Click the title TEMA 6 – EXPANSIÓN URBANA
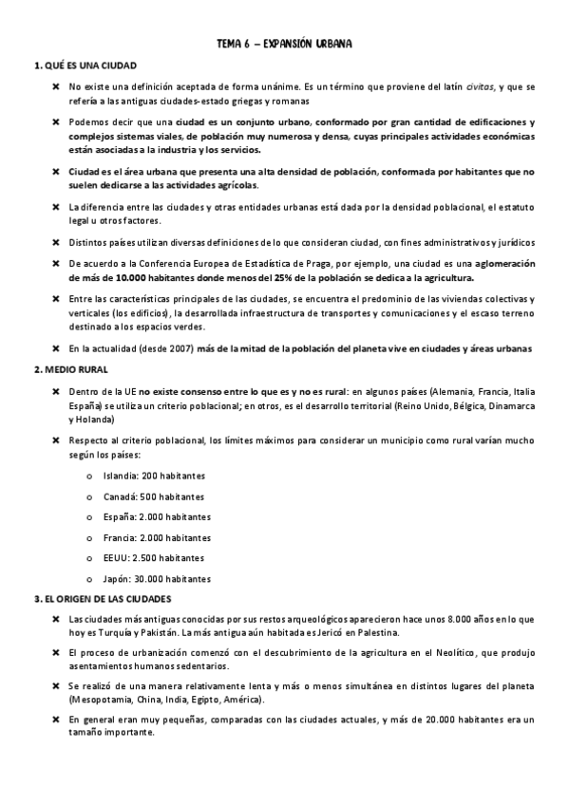(x=284, y=44)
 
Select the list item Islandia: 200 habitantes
(x=156, y=475)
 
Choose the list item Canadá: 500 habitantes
(x=154, y=496)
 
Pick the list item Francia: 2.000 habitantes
(x=157, y=536)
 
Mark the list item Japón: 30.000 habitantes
(x=157, y=578)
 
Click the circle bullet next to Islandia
(x=89, y=475)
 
